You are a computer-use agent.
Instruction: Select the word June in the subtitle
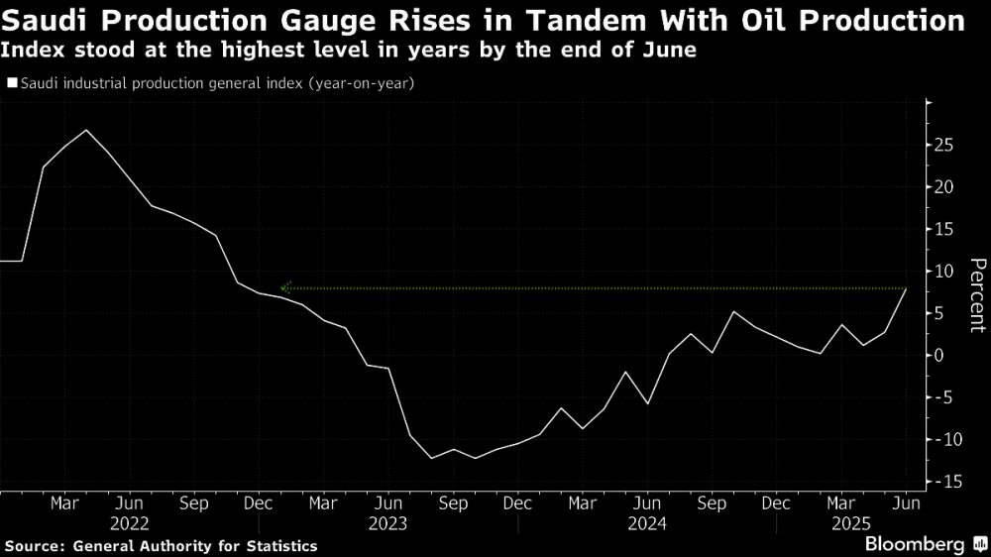(672, 51)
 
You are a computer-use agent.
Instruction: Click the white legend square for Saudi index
(11, 84)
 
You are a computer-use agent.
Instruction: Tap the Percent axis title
(977, 294)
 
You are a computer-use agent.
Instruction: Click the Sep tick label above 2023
(453, 503)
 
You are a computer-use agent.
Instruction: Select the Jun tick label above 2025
(906, 503)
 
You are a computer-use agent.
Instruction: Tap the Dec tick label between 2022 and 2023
(259, 503)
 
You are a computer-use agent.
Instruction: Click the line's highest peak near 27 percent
(86, 130)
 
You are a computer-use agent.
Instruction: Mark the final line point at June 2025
(906, 288)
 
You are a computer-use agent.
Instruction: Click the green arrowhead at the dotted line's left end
(284, 287)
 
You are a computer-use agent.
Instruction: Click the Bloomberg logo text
(915, 544)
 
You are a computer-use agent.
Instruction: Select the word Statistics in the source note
(281, 546)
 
